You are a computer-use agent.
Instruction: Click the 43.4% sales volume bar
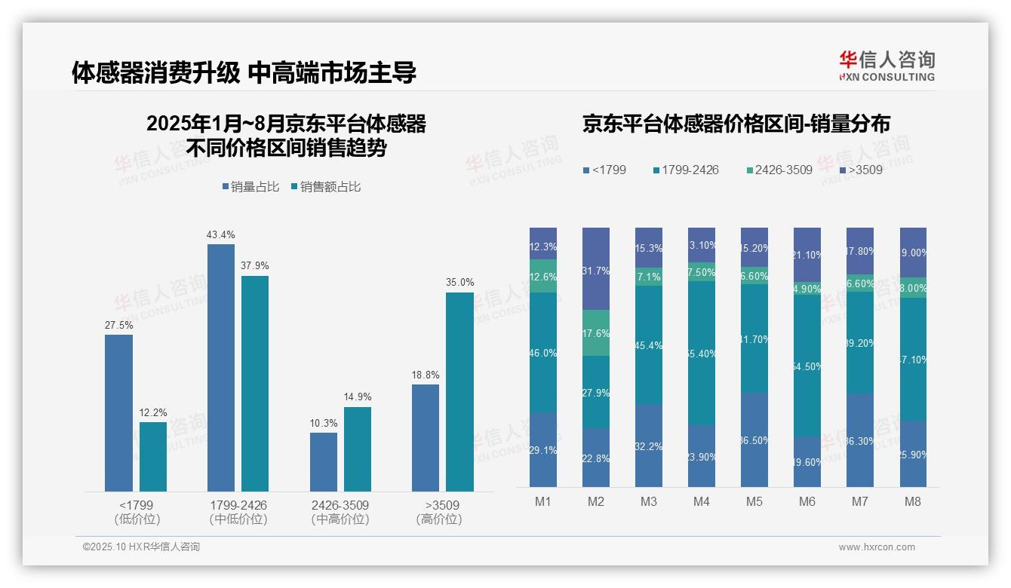click(x=220, y=367)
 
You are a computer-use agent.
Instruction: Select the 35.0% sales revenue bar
click(x=459, y=391)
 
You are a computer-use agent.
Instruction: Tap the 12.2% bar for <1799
click(x=153, y=456)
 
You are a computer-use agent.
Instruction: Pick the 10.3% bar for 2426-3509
click(x=324, y=461)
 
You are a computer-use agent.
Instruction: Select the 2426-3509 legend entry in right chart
click(x=779, y=170)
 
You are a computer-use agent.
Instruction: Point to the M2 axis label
click(x=596, y=502)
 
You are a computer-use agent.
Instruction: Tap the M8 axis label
click(x=913, y=502)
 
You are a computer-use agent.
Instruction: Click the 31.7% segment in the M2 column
click(x=596, y=268)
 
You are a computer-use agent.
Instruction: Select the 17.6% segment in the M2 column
click(x=596, y=332)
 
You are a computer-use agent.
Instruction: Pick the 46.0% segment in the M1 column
click(x=543, y=352)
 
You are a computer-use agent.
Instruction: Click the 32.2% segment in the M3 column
click(x=649, y=446)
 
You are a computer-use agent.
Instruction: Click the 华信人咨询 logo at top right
click(x=887, y=66)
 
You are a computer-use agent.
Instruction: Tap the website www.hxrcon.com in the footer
click(x=877, y=547)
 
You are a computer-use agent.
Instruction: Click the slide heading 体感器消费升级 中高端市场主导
click(x=244, y=72)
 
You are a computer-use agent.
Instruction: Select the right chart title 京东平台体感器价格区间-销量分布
click(x=736, y=124)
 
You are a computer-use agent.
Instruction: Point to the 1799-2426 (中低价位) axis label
click(x=238, y=512)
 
